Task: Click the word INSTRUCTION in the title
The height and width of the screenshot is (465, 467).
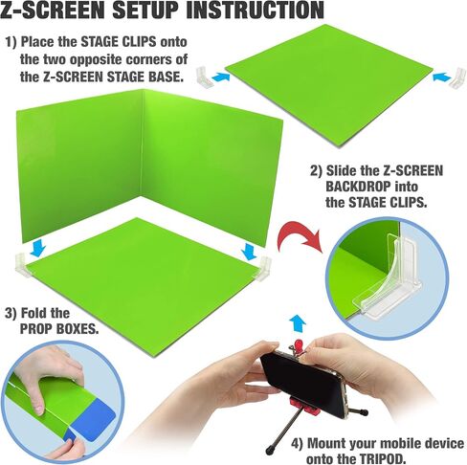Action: pyautogui.click(x=255, y=11)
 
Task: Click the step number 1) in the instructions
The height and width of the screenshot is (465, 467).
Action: pyautogui.click(x=11, y=42)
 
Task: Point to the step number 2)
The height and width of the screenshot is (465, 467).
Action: pyautogui.click(x=316, y=171)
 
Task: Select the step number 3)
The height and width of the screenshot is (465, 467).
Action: pyautogui.click(x=11, y=313)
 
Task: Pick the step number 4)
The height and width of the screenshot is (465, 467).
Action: pyautogui.click(x=297, y=444)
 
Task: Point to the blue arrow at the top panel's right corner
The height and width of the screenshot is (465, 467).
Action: pyautogui.click(x=442, y=77)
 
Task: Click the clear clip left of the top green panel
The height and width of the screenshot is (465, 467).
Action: pyautogui.click(x=204, y=77)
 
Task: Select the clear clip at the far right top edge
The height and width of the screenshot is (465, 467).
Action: pyautogui.click(x=458, y=77)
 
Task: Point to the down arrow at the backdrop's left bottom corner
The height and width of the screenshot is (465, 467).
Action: pyautogui.click(x=37, y=249)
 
